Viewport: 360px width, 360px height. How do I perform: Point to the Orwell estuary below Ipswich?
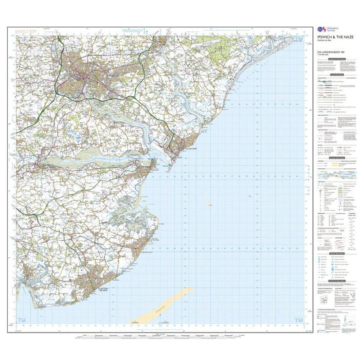pyautogui.click(x=124, y=111)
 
